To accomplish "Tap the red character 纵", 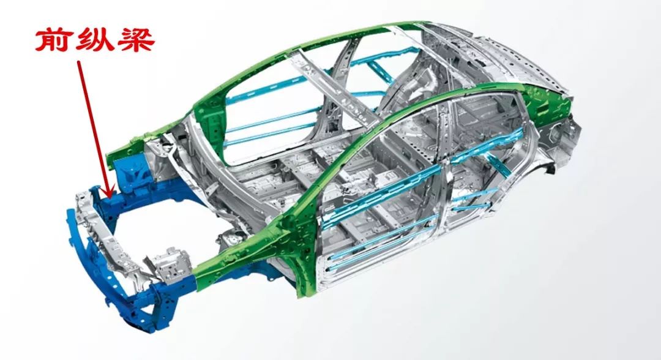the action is [94, 40].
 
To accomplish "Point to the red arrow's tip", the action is [110, 197].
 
